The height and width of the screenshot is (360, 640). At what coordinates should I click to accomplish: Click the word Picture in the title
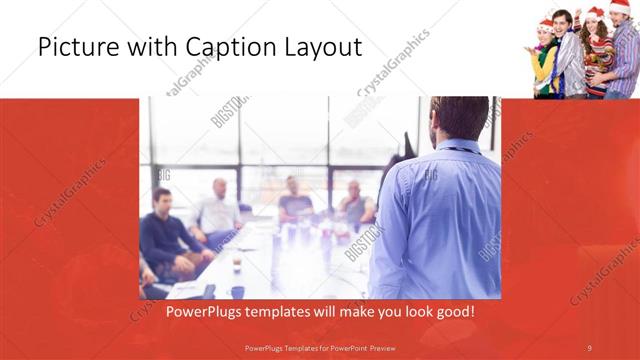click(71, 47)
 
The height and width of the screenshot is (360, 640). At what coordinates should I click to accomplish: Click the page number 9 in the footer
click(589, 347)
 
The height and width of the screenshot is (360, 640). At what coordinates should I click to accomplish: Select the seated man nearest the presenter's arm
click(355, 205)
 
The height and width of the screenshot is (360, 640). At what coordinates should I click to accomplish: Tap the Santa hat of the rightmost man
click(620, 8)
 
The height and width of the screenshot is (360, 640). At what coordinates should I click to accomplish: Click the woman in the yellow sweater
click(545, 62)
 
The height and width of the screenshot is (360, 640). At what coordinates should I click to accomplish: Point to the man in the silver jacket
click(571, 60)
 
